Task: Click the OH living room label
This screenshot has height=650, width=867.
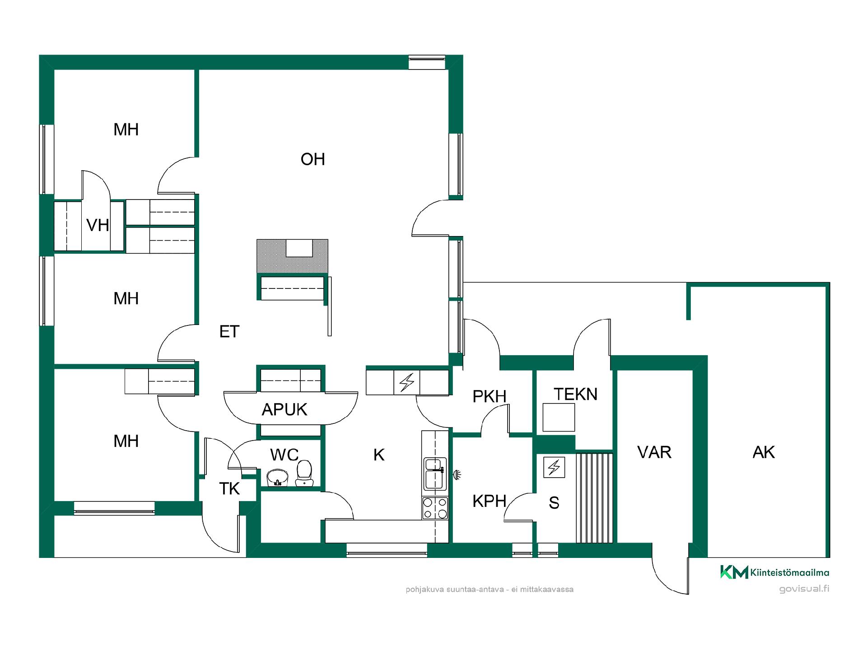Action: point(312,159)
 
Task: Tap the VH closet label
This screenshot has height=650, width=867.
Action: point(98,225)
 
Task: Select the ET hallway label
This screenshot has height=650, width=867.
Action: point(229,332)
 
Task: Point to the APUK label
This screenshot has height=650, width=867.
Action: point(284,409)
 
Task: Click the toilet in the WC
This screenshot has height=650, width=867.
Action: point(304,473)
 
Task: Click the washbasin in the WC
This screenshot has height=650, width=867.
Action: point(277,478)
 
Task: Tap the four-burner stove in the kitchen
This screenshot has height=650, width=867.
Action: point(435,508)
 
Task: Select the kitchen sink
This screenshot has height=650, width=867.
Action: point(435,474)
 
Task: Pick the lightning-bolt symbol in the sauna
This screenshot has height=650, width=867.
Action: point(554,467)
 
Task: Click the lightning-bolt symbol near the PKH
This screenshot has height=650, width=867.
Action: point(407,382)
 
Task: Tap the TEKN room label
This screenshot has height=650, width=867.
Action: point(575,394)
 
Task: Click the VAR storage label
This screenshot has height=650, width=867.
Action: point(654,452)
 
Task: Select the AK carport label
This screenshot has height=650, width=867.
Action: point(764,452)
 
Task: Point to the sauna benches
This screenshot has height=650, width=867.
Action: point(594,497)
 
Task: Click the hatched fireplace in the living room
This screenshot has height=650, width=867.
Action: point(292,256)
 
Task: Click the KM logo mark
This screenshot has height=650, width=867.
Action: point(734,572)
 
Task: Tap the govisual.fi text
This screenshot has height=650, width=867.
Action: point(804,589)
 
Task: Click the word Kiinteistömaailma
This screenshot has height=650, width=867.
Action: point(790,573)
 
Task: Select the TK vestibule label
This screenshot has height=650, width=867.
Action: point(229,488)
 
